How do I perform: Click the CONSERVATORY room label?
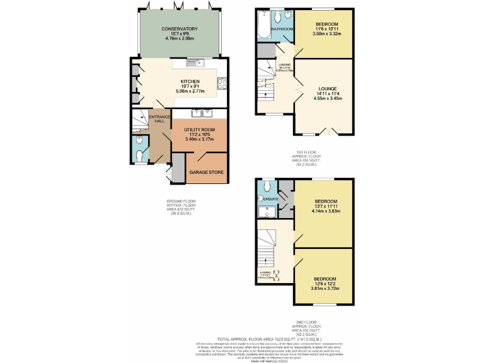tap(180, 29)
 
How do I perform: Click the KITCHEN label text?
tap(190, 81)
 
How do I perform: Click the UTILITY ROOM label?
tap(200, 129)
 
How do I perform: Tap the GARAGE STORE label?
tap(207, 172)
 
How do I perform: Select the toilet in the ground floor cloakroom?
tap(139, 156)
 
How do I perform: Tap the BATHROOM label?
tap(282, 30)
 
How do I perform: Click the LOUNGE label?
tap(327, 88)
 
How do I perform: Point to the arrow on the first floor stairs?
tap(265, 95)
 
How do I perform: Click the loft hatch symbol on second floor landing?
tap(275, 274)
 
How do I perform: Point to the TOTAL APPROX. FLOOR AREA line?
tap(270, 339)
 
